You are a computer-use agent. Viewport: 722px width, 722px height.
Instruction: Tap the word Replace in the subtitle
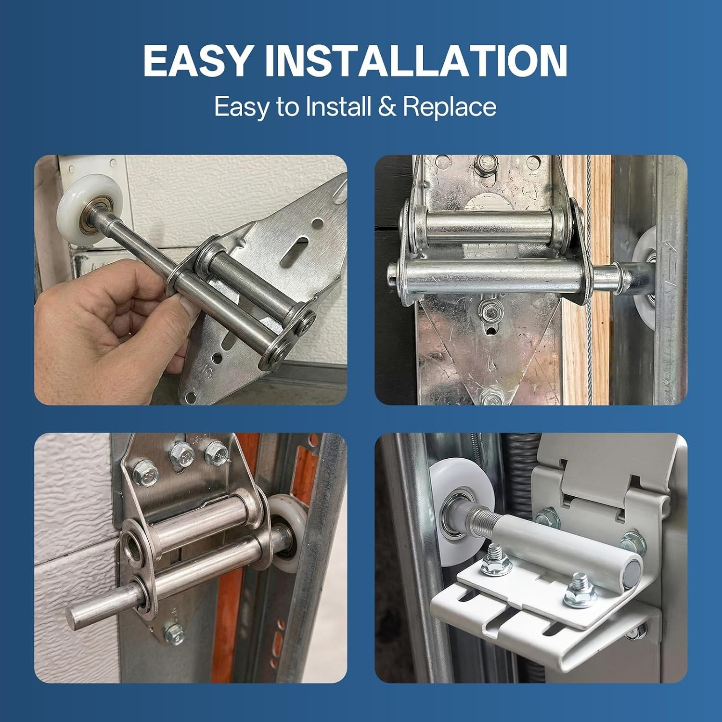[x=449, y=106]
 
